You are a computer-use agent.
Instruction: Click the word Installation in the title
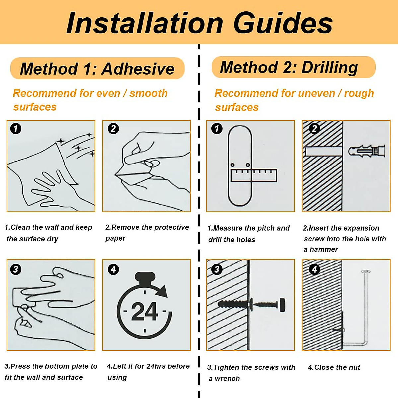click(145, 23)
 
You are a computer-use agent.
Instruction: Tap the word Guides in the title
click(283, 23)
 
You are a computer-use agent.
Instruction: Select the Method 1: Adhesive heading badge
click(97, 68)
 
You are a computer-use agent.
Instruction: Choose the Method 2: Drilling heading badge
click(294, 67)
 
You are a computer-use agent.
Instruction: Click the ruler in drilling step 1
click(254, 175)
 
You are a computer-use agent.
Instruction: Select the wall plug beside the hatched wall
click(367, 151)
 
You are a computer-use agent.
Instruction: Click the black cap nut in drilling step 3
click(282, 305)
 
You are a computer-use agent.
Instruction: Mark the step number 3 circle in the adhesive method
click(16, 269)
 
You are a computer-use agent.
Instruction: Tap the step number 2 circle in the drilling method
click(314, 129)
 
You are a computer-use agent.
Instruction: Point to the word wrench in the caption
click(227, 378)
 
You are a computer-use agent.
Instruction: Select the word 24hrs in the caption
click(156, 366)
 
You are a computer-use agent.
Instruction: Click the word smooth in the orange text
click(149, 93)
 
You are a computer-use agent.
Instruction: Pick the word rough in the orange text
click(359, 94)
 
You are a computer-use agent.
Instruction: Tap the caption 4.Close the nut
click(334, 367)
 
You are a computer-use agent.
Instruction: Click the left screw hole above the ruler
click(232, 165)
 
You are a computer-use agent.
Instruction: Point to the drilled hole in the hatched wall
click(324, 151)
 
